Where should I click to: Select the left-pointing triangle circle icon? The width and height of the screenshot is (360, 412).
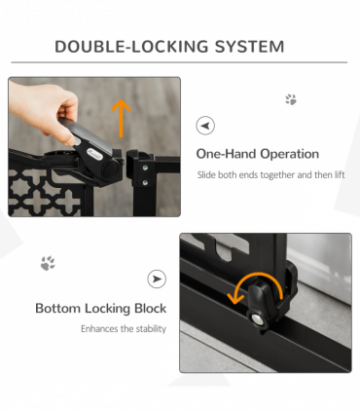[205, 126]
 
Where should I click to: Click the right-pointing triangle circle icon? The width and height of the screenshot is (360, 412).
[157, 280]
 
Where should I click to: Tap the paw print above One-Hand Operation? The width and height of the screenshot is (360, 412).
[290, 99]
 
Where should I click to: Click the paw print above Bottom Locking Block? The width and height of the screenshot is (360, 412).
[47, 263]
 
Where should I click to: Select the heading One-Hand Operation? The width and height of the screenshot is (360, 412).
[257, 154]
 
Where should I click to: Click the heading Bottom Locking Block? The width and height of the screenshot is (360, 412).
[100, 309]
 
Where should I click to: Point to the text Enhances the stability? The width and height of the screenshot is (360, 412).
[123, 329]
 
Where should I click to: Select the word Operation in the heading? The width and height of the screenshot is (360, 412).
[288, 154]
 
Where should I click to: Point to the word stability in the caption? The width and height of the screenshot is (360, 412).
[146, 329]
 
